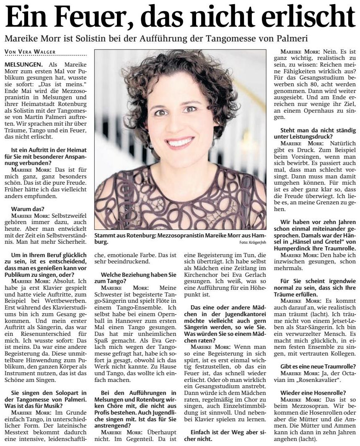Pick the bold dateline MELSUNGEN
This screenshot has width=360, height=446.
pos(23,65)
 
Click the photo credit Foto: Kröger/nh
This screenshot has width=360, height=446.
pos(253,242)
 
